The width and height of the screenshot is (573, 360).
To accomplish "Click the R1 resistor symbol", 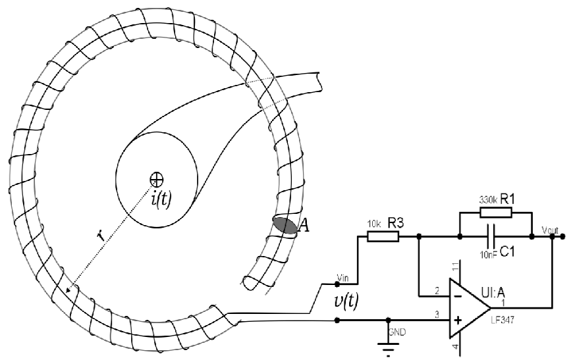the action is click(x=496, y=213).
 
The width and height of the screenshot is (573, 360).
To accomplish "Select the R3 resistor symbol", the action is click(x=383, y=236).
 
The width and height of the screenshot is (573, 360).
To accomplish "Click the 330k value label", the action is click(x=488, y=200).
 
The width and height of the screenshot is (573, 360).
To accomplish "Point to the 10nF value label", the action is click(x=488, y=255).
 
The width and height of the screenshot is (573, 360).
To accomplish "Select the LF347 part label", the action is click(x=503, y=321).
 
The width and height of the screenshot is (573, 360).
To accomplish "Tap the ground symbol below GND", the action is click(x=388, y=348).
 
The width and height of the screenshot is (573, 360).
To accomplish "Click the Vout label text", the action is click(x=550, y=230).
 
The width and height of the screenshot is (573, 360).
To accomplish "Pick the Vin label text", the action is click(x=342, y=278).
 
